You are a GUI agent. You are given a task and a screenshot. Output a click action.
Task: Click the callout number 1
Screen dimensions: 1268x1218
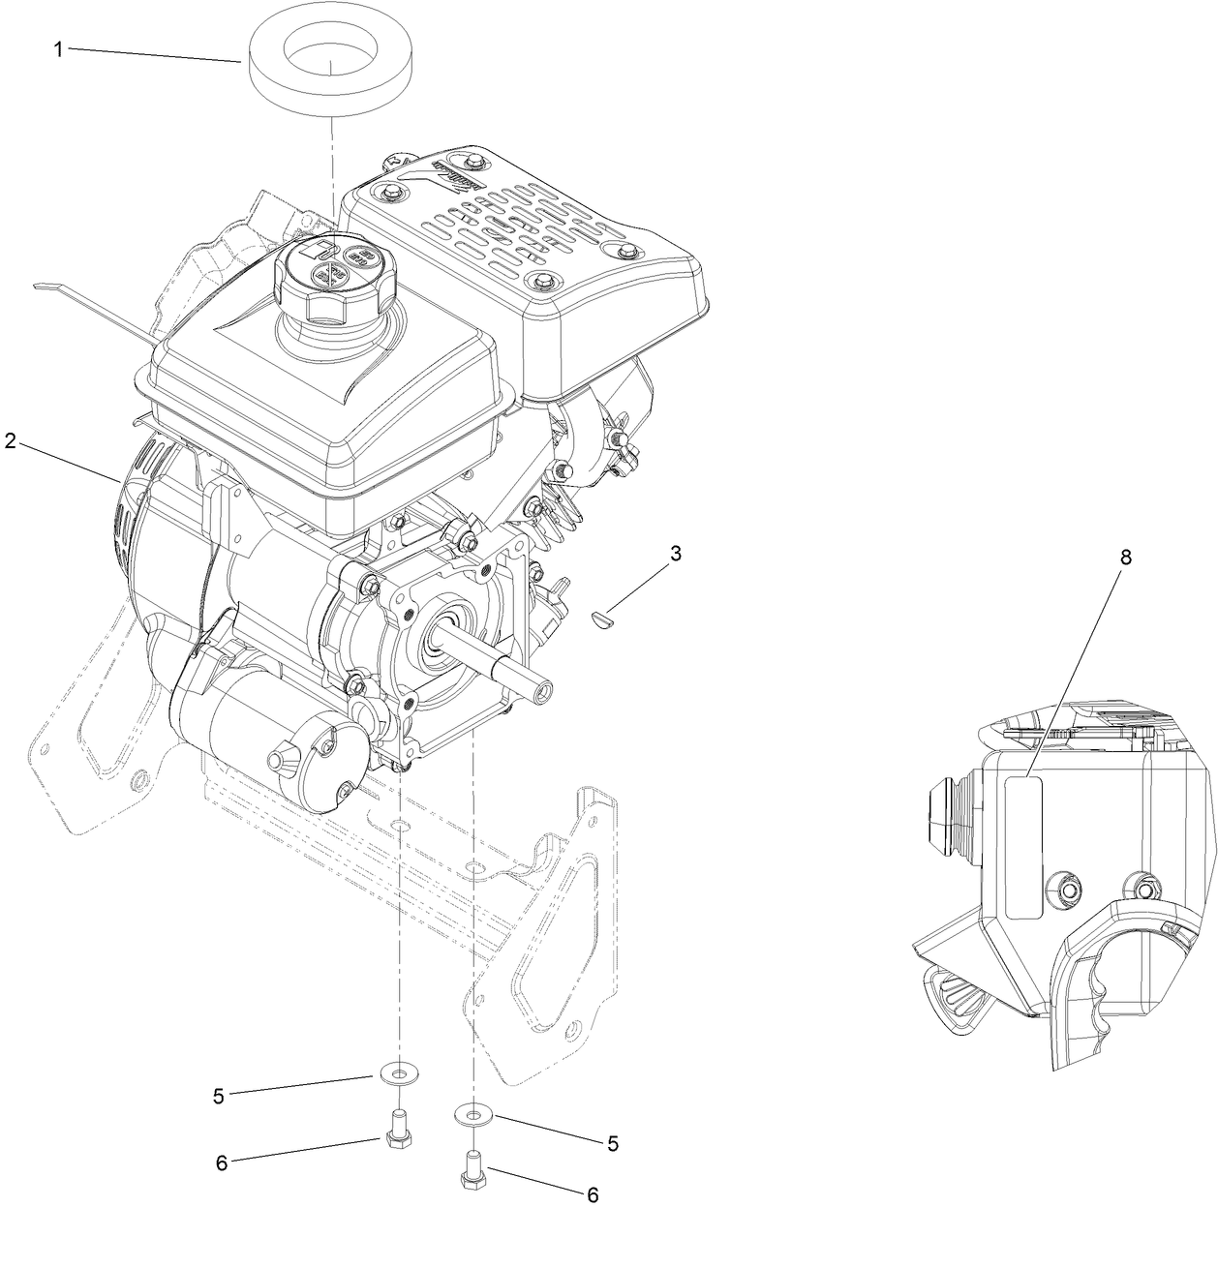(x=58, y=49)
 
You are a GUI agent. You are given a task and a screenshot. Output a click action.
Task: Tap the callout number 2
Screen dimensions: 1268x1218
(x=11, y=440)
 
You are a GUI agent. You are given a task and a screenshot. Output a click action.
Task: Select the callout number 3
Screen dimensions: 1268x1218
(x=676, y=553)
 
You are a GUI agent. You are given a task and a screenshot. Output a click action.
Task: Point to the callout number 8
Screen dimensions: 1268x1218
(x=1125, y=557)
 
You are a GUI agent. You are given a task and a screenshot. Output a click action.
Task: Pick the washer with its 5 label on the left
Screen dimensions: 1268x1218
(x=392, y=1074)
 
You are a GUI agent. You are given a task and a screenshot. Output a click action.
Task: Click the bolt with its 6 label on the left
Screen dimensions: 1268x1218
(x=393, y=1132)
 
